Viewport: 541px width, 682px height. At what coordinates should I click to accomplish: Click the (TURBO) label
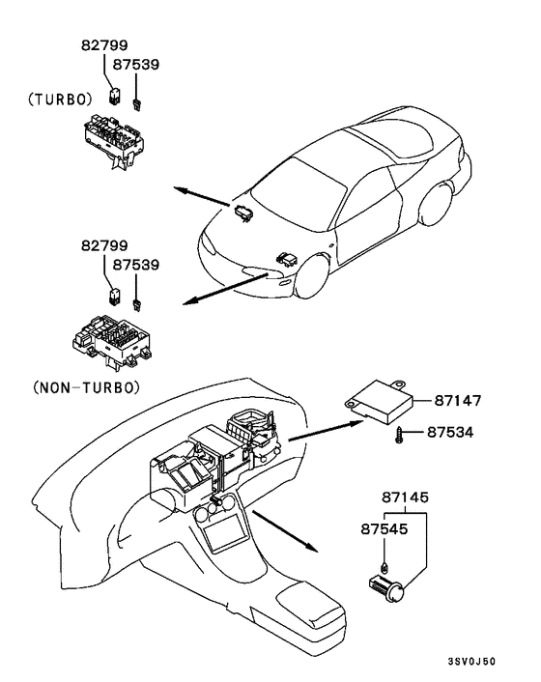[x=60, y=99]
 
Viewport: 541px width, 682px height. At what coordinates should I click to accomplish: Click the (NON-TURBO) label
[x=87, y=387]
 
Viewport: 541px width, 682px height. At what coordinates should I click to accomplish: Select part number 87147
[x=458, y=400]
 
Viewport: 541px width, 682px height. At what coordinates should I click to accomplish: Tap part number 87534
[x=450, y=433]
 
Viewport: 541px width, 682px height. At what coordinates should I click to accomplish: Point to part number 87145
[x=406, y=497]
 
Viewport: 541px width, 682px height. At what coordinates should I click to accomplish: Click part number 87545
[x=384, y=529]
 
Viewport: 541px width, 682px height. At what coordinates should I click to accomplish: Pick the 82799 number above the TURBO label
[x=104, y=44]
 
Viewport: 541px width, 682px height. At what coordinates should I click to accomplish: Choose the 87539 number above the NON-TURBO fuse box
[x=136, y=265]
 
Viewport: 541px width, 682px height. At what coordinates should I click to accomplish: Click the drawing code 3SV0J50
[x=471, y=662]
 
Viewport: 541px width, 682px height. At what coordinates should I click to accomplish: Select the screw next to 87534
[x=400, y=436]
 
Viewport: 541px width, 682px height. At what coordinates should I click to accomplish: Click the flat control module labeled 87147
[x=380, y=401]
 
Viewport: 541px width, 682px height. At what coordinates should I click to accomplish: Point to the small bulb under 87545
[x=384, y=567]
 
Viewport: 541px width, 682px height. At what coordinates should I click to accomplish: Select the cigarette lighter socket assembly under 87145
[x=386, y=589]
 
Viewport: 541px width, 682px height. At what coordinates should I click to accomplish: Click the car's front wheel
[x=311, y=275]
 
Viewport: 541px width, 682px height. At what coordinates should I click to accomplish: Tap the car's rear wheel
[x=436, y=204]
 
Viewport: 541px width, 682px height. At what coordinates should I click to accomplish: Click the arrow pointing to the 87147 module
[x=327, y=431]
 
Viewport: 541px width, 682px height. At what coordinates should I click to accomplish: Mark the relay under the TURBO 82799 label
[x=114, y=97]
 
